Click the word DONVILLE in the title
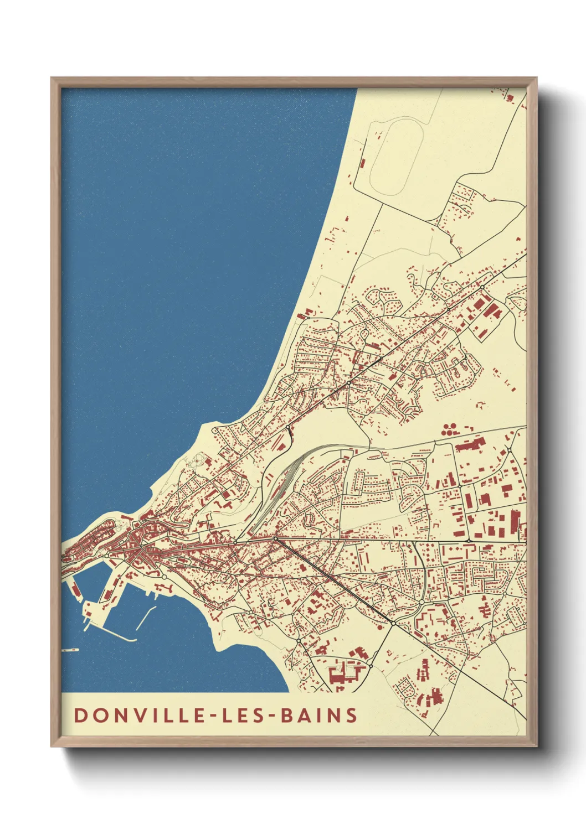(x=141, y=715)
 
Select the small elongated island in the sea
(x=71, y=650)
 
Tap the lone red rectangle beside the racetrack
(x=362, y=163)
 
